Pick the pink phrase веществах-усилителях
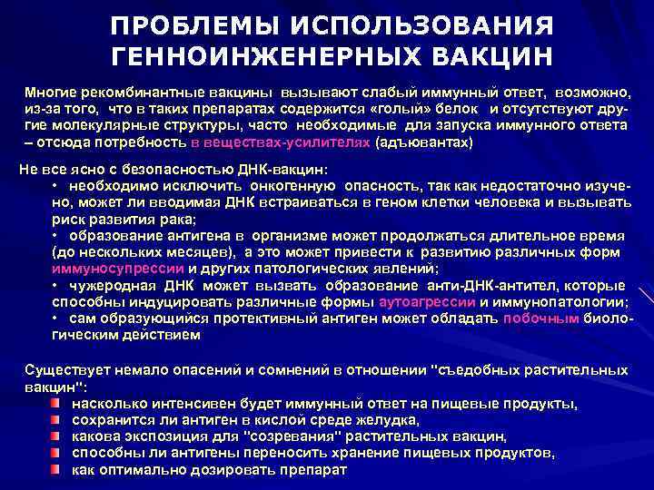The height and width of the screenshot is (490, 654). click(x=281, y=142)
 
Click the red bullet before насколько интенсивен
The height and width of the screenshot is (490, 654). click(x=56, y=403)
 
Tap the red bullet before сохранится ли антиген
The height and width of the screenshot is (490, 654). click(x=56, y=420)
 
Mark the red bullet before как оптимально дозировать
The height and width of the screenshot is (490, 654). click(x=56, y=470)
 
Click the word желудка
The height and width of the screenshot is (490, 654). click(x=392, y=420)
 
